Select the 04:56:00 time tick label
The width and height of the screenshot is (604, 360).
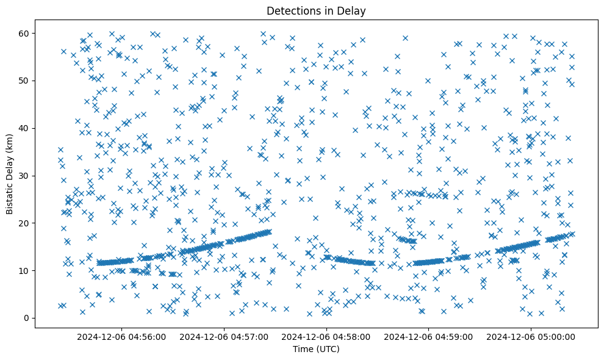click(x=122, y=336)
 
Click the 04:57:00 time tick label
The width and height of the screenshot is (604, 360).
click(x=225, y=336)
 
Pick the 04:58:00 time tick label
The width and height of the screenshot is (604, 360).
click(x=326, y=336)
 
